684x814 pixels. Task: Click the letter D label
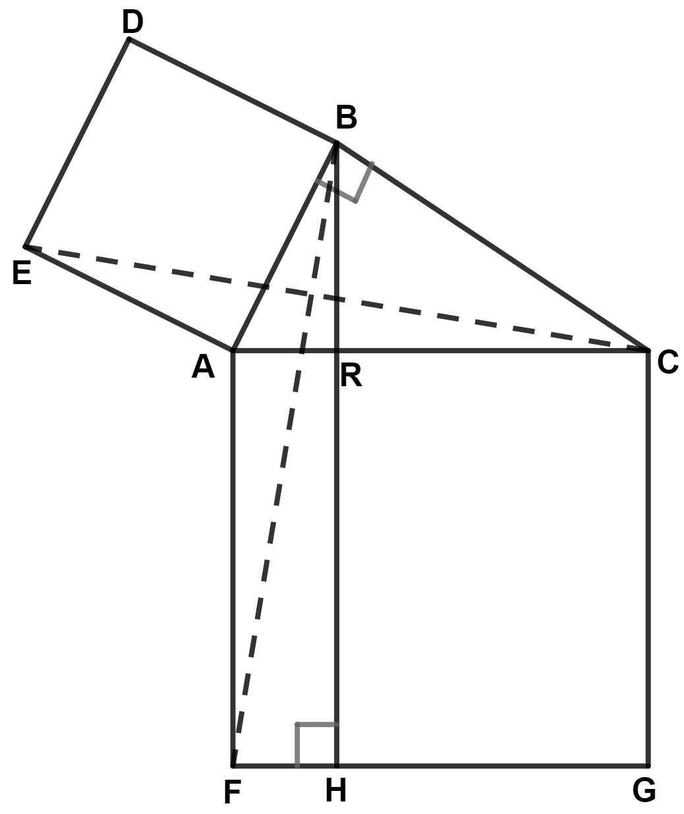click(132, 23)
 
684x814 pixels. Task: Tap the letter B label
click(346, 119)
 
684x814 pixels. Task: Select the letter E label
click(22, 273)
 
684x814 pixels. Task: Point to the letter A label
click(203, 366)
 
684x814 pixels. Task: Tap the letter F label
click(231, 793)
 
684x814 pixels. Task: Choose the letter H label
click(335, 790)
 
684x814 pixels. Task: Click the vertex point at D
click(129, 40)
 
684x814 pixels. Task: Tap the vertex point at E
click(25, 247)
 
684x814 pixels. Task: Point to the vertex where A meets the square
click(233, 350)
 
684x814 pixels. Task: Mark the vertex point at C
click(648, 350)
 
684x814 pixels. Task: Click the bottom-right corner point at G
click(648, 766)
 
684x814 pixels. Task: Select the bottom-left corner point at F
click(233, 766)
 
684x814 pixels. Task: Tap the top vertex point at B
click(337, 142)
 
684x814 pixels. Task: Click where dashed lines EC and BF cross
click(310, 295)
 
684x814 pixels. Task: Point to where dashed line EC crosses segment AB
click(264, 287)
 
